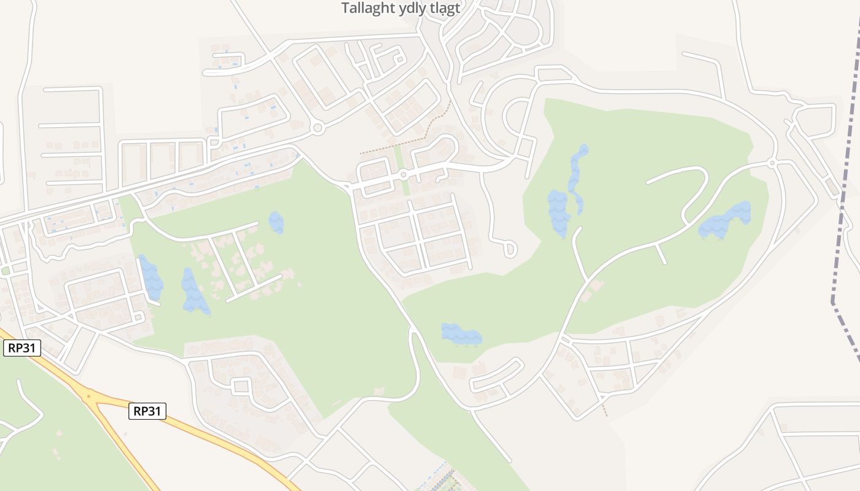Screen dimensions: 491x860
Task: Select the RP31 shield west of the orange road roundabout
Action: point(22,349)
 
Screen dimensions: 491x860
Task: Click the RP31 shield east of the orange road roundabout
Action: point(147,411)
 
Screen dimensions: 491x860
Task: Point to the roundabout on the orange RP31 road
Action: point(90,396)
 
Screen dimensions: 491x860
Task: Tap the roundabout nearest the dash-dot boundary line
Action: point(772,163)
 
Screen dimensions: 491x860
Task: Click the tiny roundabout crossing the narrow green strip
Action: point(403,175)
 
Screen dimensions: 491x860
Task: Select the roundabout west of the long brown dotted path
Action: point(317,128)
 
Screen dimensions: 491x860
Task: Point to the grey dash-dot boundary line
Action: point(848,184)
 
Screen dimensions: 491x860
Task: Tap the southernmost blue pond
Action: point(461,334)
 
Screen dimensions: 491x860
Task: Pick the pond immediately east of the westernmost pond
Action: point(193,292)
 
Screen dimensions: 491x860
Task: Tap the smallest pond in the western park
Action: point(276,222)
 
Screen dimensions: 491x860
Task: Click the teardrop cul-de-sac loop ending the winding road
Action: point(509,249)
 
